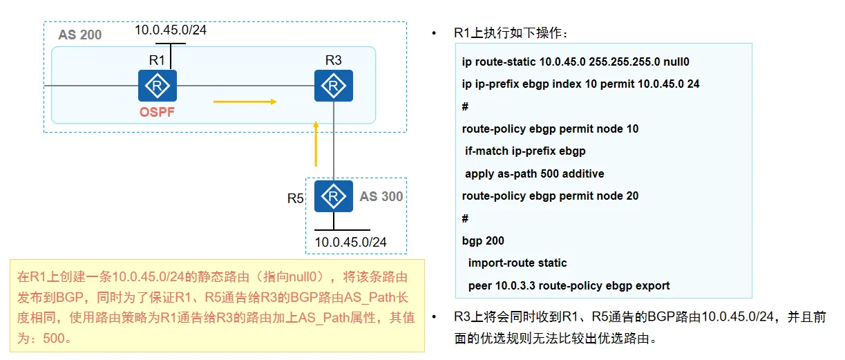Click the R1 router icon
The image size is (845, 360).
[158, 86]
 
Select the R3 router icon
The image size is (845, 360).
[334, 86]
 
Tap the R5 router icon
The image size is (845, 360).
[334, 196]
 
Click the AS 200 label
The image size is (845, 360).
[80, 35]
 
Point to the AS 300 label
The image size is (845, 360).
[381, 196]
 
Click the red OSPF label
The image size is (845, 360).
[158, 112]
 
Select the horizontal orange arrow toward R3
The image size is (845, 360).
[245, 102]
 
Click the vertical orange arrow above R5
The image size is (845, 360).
[316, 144]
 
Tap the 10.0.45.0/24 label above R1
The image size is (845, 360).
[171, 30]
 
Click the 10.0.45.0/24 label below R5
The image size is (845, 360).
[350, 242]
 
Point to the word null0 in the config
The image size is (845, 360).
[676, 61]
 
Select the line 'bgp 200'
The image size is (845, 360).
[483, 240]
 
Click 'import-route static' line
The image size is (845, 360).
[518, 263]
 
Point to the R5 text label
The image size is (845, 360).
[296, 198]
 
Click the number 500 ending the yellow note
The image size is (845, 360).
[54, 338]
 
